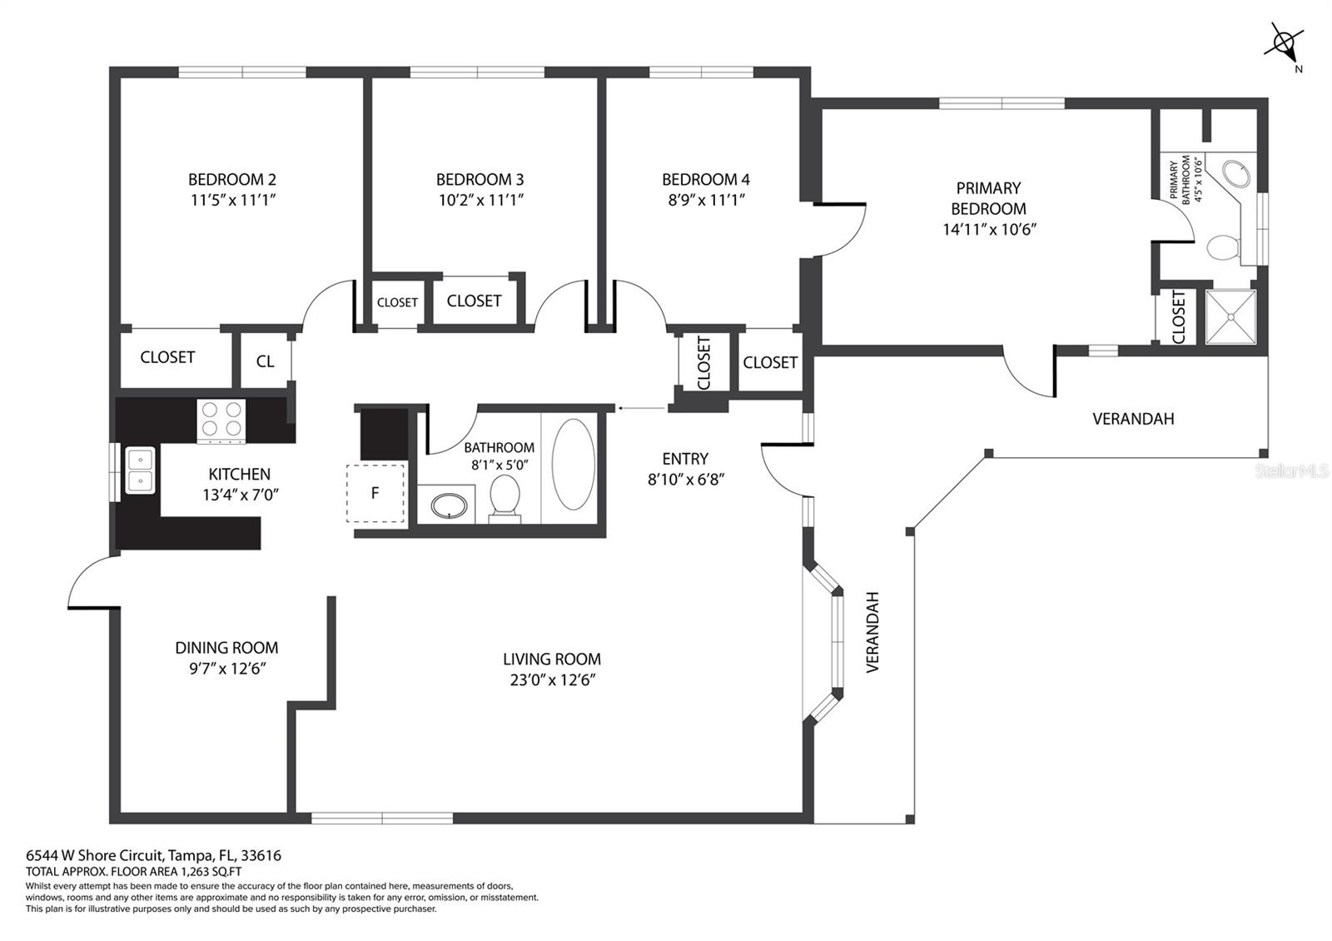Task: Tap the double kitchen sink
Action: click(140, 471)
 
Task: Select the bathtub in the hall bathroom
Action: click(574, 465)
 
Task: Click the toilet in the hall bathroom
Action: click(504, 498)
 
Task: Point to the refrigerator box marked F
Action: click(375, 493)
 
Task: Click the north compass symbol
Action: click(1285, 42)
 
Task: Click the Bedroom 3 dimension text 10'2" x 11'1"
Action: click(480, 200)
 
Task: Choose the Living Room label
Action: click(551, 659)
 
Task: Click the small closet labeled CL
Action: click(265, 361)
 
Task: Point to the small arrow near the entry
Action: click(640, 408)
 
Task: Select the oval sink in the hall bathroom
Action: click(450, 505)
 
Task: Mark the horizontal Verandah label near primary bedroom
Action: click(1132, 419)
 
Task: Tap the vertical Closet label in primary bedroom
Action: click(1178, 316)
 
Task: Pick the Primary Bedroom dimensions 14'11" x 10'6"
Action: click(988, 230)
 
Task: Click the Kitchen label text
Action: click(239, 474)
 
